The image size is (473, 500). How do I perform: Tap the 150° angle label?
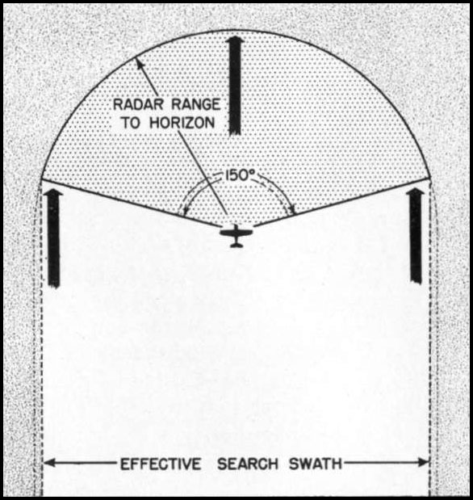click(x=241, y=174)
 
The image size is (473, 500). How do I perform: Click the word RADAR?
click(x=140, y=104)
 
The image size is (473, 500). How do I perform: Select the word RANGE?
click(x=195, y=104)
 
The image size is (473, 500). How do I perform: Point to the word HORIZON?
click(x=182, y=123)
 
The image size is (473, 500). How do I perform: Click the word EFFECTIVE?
click(x=161, y=464)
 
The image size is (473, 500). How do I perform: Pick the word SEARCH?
click(x=248, y=464)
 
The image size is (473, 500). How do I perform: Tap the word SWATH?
click(x=316, y=464)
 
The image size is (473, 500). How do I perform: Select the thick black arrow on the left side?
click(x=53, y=238)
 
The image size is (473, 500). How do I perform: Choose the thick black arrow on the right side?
click(x=416, y=236)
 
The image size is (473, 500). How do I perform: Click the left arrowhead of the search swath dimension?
click(x=48, y=463)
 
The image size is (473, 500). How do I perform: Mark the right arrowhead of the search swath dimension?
click(x=425, y=462)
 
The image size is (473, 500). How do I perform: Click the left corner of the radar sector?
click(x=42, y=179)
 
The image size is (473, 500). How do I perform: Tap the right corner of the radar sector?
click(x=430, y=178)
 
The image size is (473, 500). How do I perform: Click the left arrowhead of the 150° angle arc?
click(x=182, y=210)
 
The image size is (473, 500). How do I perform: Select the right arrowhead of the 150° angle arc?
click(x=291, y=210)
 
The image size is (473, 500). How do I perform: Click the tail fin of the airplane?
click(x=236, y=245)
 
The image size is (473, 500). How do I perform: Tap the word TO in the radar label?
click(x=131, y=123)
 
